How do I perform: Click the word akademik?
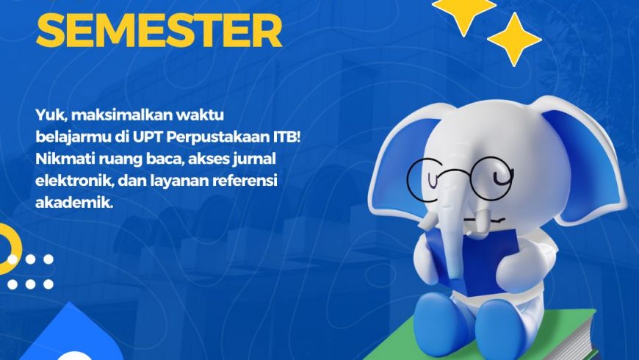tap(73, 201)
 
